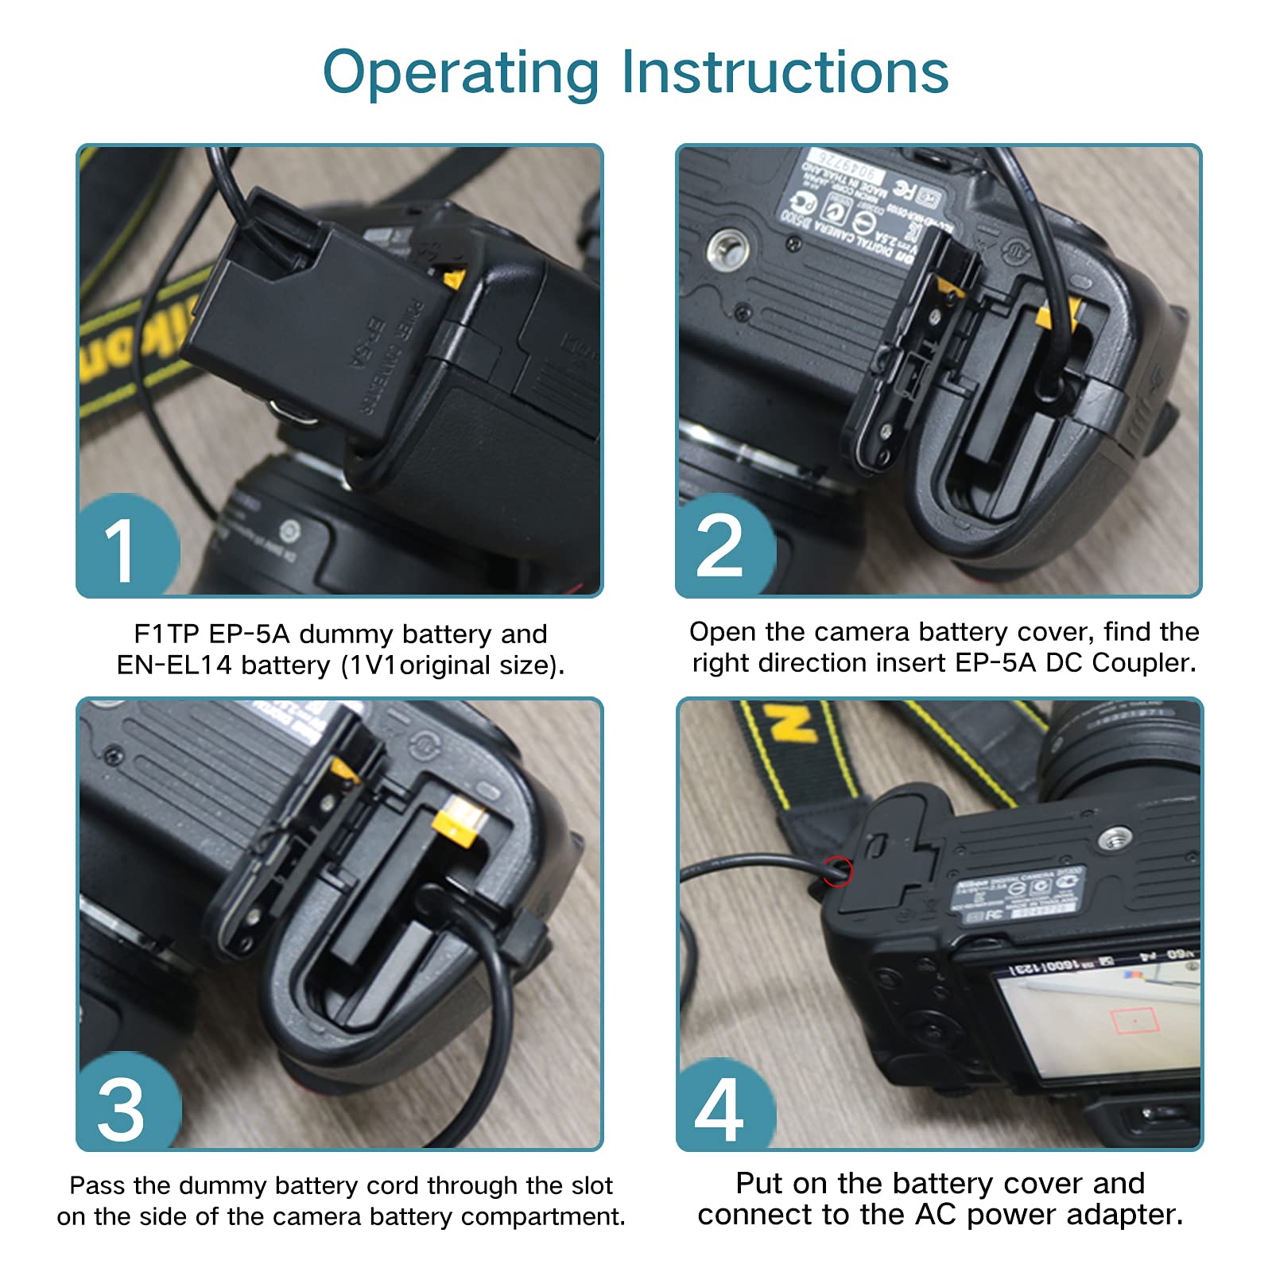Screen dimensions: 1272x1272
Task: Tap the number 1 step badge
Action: (x=123, y=549)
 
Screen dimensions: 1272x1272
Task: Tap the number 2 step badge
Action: (x=719, y=547)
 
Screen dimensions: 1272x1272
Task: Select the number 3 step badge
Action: (x=121, y=1108)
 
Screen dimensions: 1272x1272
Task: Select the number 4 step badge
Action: (x=719, y=1108)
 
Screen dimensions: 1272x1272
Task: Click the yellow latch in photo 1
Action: (x=454, y=279)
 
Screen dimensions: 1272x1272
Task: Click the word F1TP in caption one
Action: (x=165, y=634)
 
